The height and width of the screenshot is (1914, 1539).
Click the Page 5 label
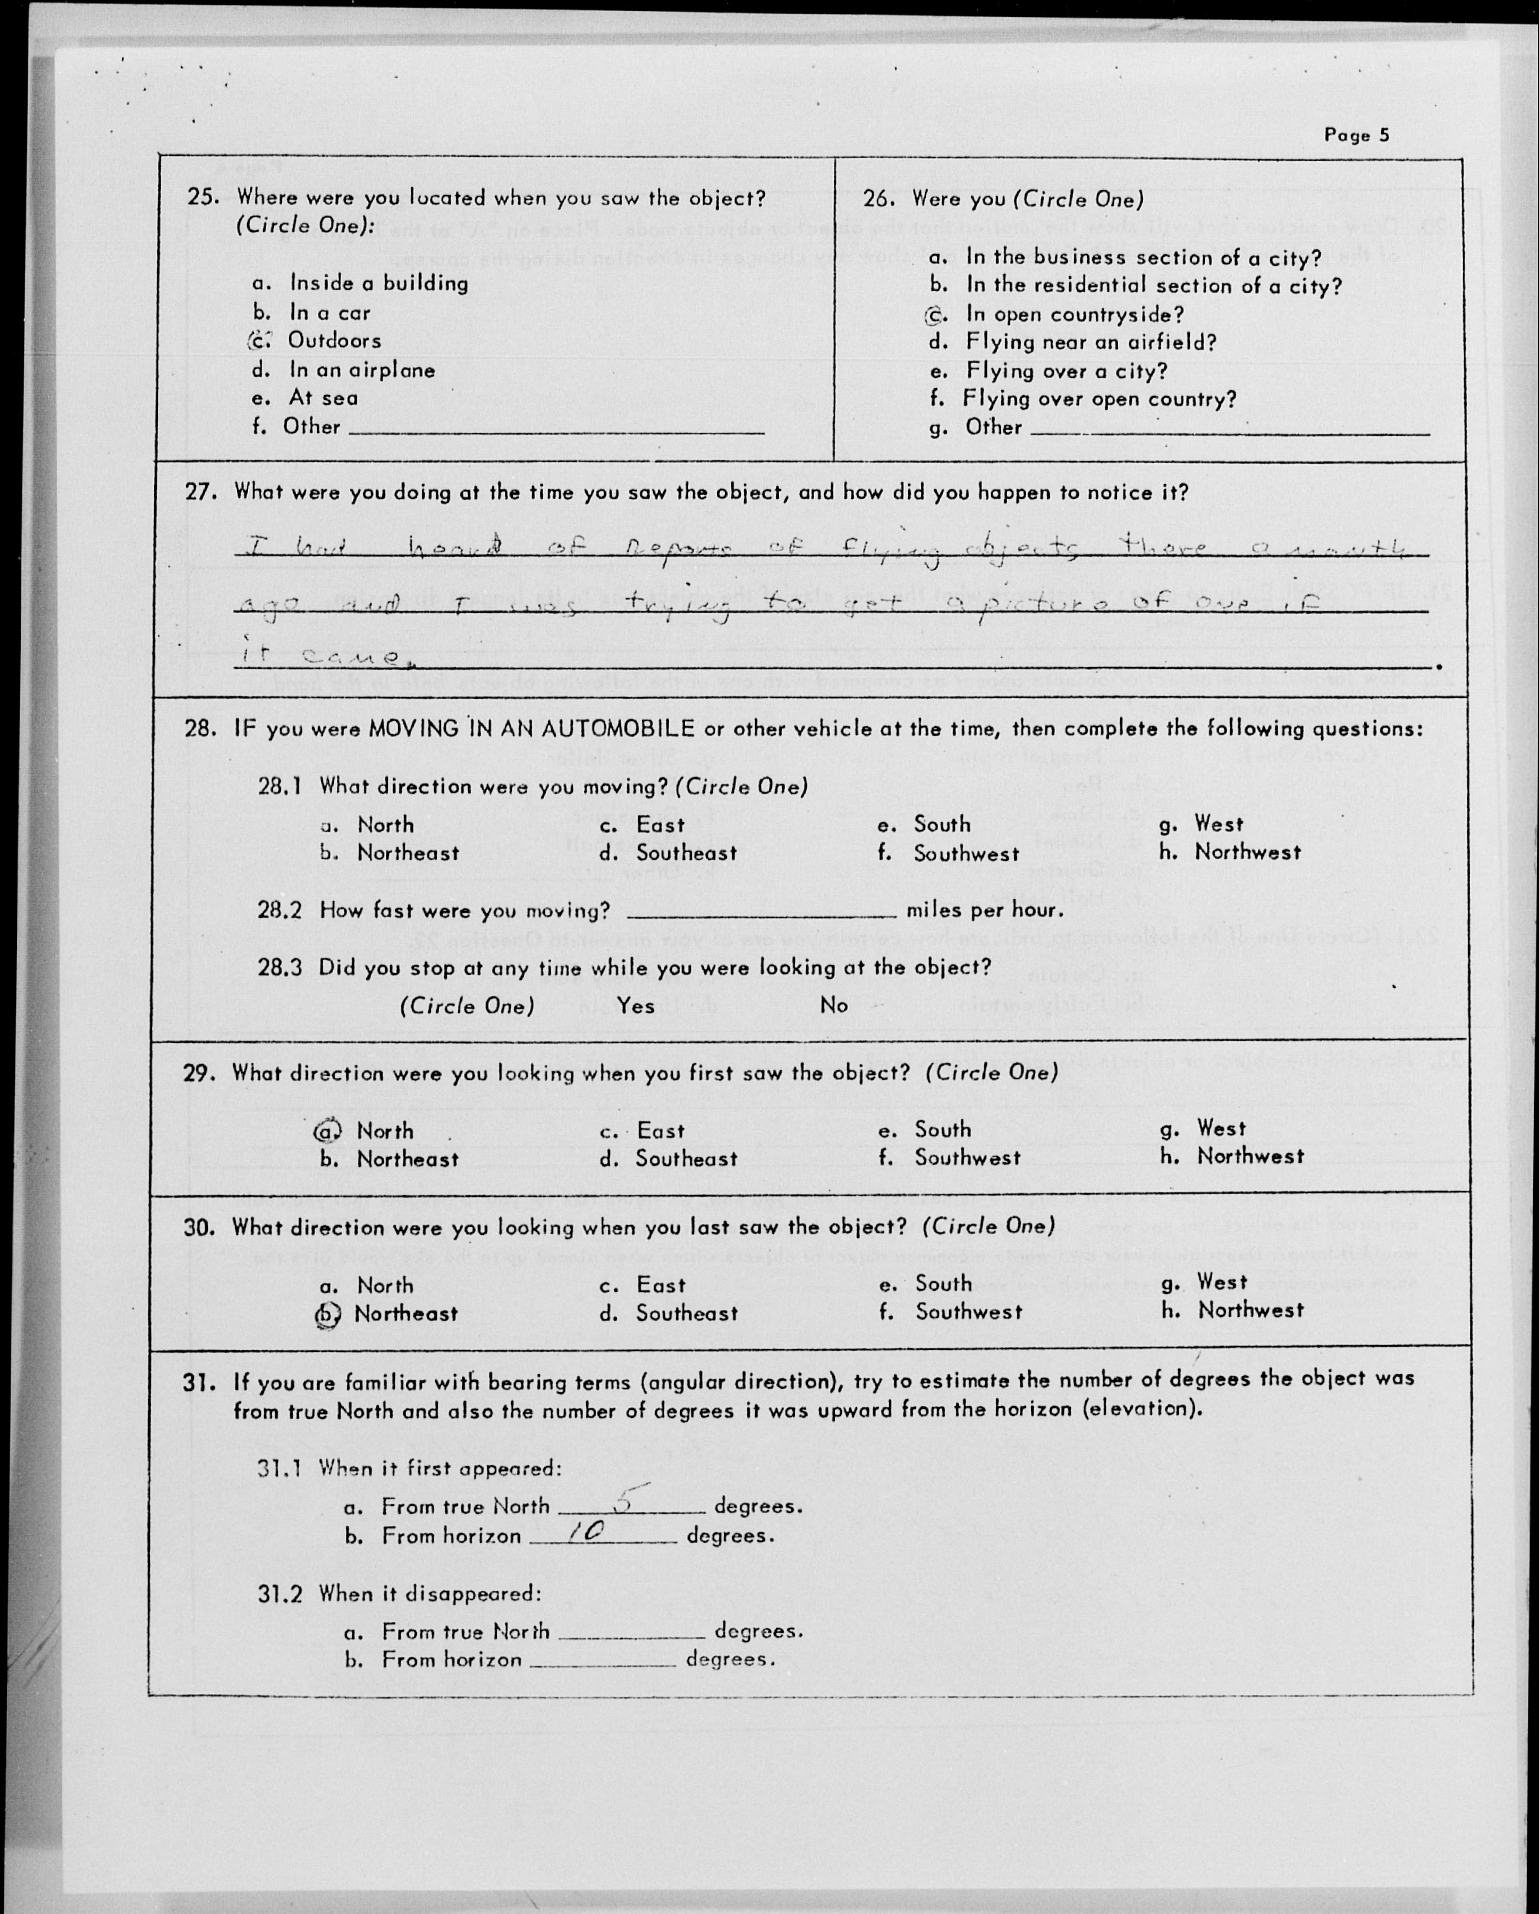click(x=1356, y=135)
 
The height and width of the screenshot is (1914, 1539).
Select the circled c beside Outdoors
click(x=258, y=341)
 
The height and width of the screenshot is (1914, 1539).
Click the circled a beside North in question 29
click(x=327, y=1130)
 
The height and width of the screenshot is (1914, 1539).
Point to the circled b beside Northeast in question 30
click(x=327, y=1314)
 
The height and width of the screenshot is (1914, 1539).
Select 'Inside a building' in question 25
click(x=379, y=283)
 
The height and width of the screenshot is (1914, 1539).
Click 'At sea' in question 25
click(x=323, y=398)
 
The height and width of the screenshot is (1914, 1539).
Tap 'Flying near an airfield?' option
click(x=1091, y=343)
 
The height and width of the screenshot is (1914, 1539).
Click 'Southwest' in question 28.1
click(x=967, y=853)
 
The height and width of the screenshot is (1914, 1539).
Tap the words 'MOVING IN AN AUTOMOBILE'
click(x=531, y=729)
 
